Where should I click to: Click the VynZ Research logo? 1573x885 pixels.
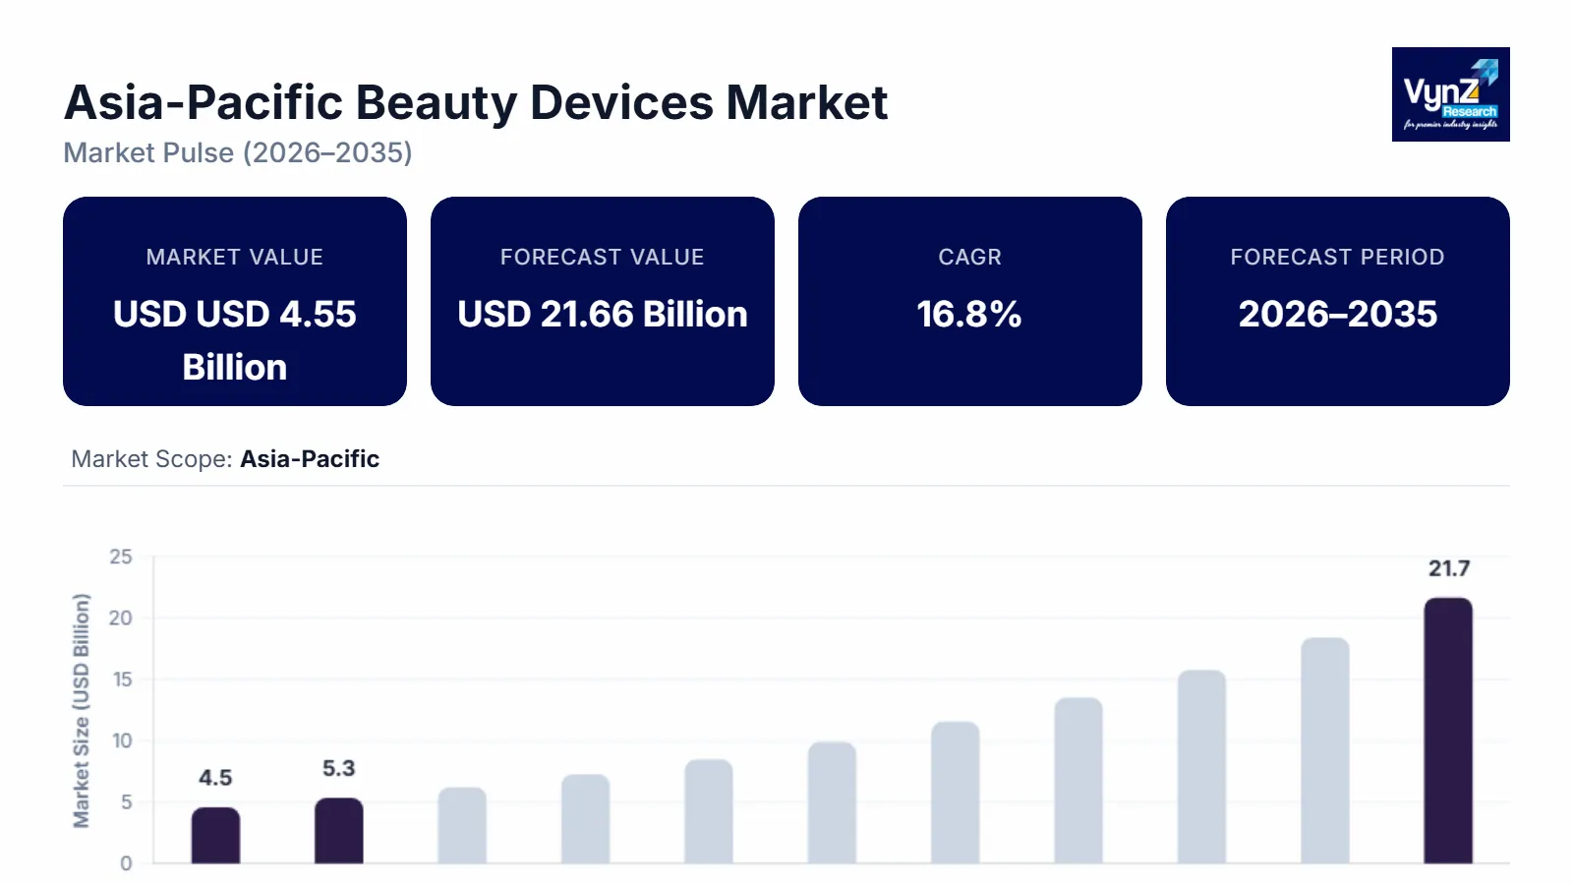point(1450,94)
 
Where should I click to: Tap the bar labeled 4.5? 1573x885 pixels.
point(215,836)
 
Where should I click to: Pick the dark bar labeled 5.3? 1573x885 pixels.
point(338,831)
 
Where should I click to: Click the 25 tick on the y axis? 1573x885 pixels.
point(121,558)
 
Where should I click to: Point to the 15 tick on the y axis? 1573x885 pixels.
point(122,679)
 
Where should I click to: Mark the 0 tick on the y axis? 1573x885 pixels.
point(126,863)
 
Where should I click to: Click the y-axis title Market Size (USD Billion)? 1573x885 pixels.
point(82,710)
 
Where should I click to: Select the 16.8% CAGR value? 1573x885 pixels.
point(969,315)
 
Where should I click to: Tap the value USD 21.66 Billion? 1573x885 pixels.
point(602,315)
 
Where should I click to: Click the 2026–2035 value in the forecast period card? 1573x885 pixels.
point(1337,315)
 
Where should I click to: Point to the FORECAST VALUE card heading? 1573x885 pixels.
point(602,258)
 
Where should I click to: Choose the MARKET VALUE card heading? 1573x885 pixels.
point(234,258)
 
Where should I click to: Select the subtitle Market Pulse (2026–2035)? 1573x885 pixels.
point(238,153)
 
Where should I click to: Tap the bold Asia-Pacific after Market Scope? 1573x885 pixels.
point(310,459)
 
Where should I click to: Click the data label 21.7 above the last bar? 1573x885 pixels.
point(1449,568)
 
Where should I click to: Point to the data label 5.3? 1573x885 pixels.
point(338,768)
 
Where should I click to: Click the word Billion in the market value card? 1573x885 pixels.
point(234,368)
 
